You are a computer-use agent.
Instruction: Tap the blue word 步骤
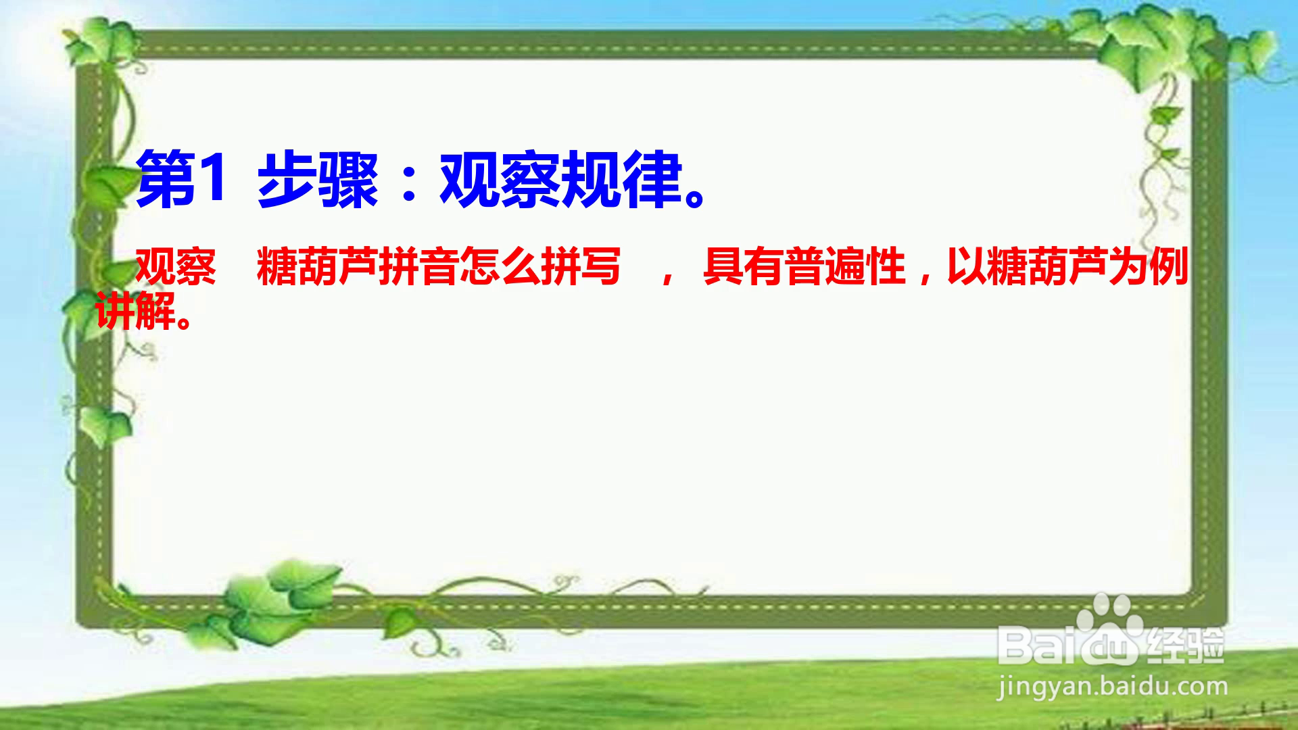click(318, 179)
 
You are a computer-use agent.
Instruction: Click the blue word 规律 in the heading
click(623, 179)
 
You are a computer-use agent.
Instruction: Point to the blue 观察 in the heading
click(501, 179)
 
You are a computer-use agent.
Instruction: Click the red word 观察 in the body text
click(176, 267)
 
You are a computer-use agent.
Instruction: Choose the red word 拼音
click(418, 267)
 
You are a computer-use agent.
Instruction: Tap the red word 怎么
click(500, 267)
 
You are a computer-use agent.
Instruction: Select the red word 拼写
click(581, 267)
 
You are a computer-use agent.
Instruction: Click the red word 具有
click(744, 267)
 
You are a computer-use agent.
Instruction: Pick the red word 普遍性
click(845, 267)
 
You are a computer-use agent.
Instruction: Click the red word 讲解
click(135, 310)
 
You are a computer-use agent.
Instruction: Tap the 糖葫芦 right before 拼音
click(318, 267)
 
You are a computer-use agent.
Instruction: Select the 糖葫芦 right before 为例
click(1048, 267)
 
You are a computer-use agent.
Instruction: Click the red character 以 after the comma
click(967, 267)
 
